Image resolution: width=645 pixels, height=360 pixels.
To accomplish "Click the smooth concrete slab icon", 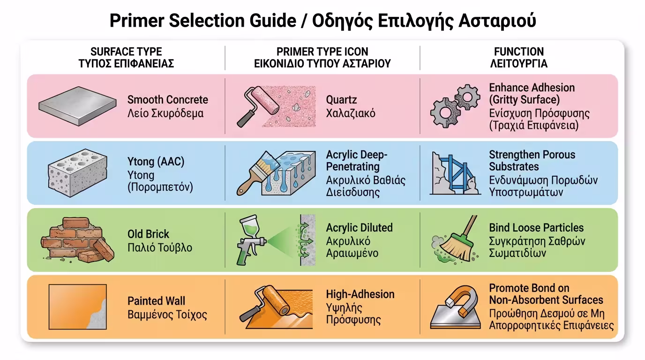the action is pyautogui.click(x=77, y=106).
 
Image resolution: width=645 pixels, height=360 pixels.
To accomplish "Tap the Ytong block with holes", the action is pyautogui.click(x=77, y=173).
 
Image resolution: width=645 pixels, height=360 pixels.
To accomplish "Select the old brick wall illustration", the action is pyautogui.click(x=77, y=240).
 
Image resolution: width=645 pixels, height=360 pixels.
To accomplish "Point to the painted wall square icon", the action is pyautogui.click(x=78, y=307).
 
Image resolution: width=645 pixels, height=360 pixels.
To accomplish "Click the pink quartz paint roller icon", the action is pyautogui.click(x=258, y=106).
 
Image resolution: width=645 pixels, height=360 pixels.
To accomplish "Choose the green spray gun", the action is pyautogui.click(x=251, y=240).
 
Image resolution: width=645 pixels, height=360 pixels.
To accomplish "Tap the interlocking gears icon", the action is pyautogui.click(x=455, y=106).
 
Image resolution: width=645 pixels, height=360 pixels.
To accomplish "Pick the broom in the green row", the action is pyautogui.click(x=458, y=239).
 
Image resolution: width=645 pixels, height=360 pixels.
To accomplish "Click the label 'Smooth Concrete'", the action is pyautogui.click(x=168, y=100).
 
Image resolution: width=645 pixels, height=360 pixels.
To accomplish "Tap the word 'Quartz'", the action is pyautogui.click(x=341, y=100).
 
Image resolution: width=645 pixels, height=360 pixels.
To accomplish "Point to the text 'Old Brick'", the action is pyautogui.click(x=148, y=234).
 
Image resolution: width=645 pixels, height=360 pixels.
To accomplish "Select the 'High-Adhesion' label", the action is pyautogui.click(x=360, y=294).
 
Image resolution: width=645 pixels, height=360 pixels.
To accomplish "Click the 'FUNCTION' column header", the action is pyautogui.click(x=519, y=52).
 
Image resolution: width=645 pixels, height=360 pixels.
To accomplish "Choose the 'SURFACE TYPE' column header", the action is pyautogui.click(x=126, y=52).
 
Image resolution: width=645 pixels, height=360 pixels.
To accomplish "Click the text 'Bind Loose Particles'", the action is pyautogui.click(x=536, y=227).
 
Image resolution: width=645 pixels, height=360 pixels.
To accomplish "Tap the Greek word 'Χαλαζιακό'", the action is pyautogui.click(x=351, y=113).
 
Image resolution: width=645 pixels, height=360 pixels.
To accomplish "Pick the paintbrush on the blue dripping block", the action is pyautogui.click(x=256, y=173).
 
